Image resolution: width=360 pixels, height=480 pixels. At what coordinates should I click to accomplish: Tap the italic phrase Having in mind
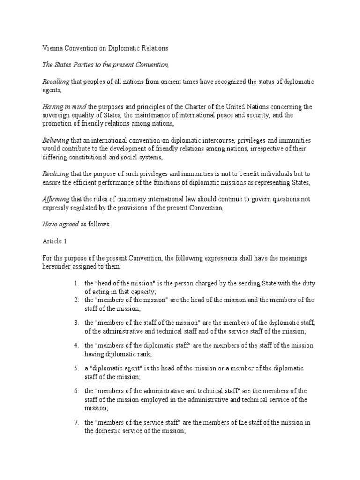click(x=60, y=107)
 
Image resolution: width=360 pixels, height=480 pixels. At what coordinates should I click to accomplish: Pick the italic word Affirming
click(x=54, y=199)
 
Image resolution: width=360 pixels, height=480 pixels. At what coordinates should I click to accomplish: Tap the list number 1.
click(x=76, y=284)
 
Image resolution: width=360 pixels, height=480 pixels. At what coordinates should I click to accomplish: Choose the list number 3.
click(x=76, y=323)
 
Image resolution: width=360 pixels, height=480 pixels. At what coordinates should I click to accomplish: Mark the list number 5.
click(x=76, y=368)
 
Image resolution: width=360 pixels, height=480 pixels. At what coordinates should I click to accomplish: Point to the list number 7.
click(x=76, y=422)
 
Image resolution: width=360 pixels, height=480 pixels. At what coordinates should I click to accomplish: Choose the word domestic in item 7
click(x=109, y=431)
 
